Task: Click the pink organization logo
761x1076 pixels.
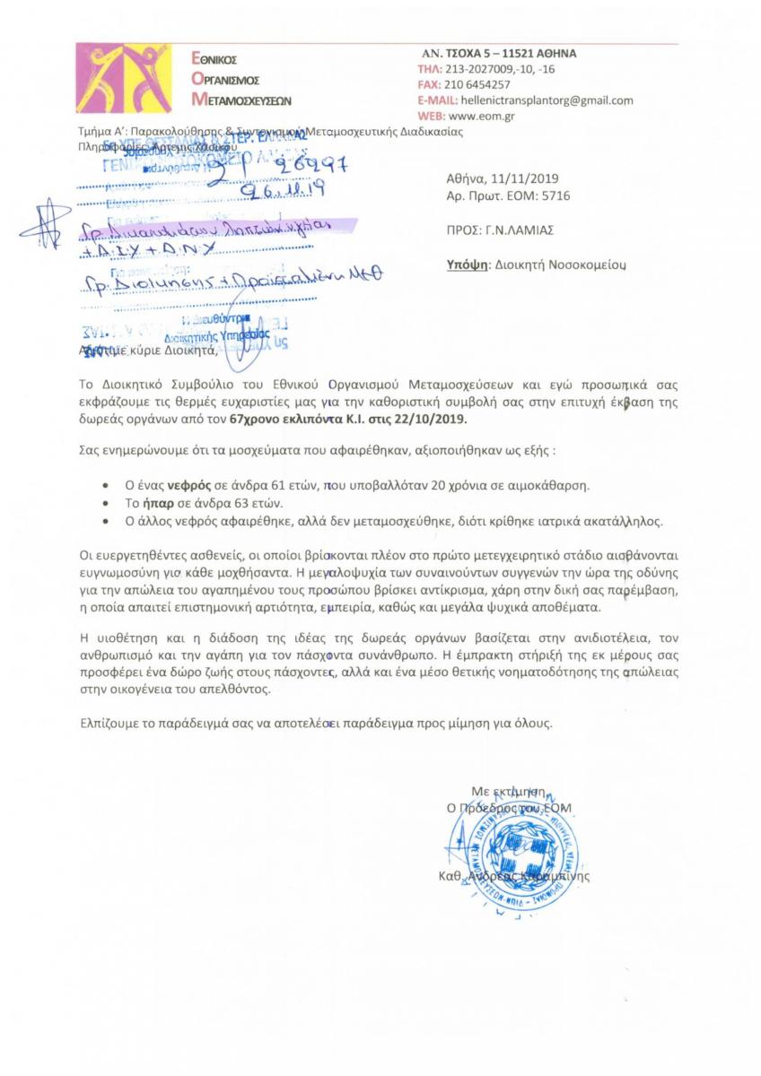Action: coord(132,78)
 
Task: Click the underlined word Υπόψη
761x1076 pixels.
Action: coord(467,265)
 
